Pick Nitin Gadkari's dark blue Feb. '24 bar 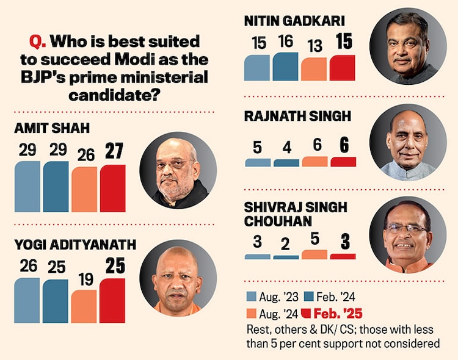click(286, 67)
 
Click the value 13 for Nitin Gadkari click(314, 46)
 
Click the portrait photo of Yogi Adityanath click(178, 278)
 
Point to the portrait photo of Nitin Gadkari click(408, 47)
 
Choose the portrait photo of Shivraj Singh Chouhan click(408, 234)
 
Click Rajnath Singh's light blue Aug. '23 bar click(258, 163)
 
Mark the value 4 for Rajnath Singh click(286, 147)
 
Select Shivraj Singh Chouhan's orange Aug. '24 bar click(314, 254)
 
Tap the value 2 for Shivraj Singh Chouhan click(286, 243)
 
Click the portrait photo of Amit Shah click(178, 170)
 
